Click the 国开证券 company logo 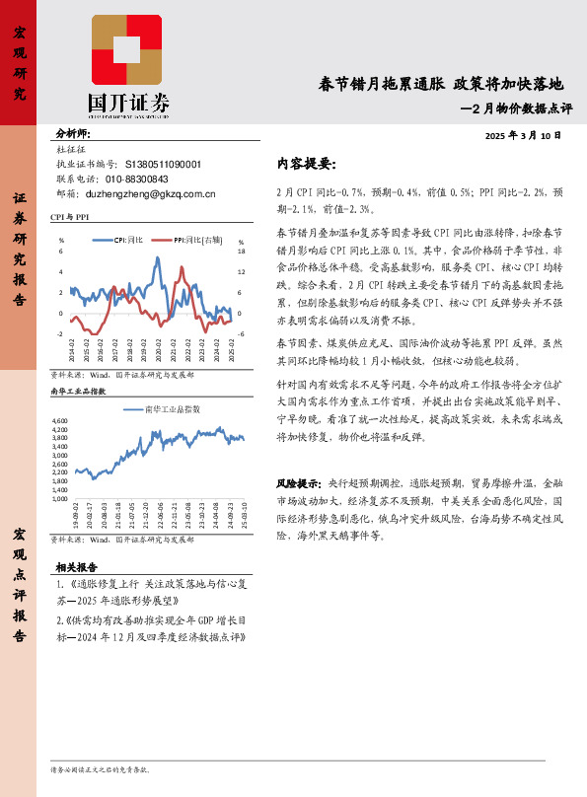point(127,65)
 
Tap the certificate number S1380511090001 point(164,165)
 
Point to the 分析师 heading point(73,133)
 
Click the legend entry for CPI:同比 point(127,239)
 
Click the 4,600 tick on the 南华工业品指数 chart point(61,421)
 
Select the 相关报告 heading point(76,567)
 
